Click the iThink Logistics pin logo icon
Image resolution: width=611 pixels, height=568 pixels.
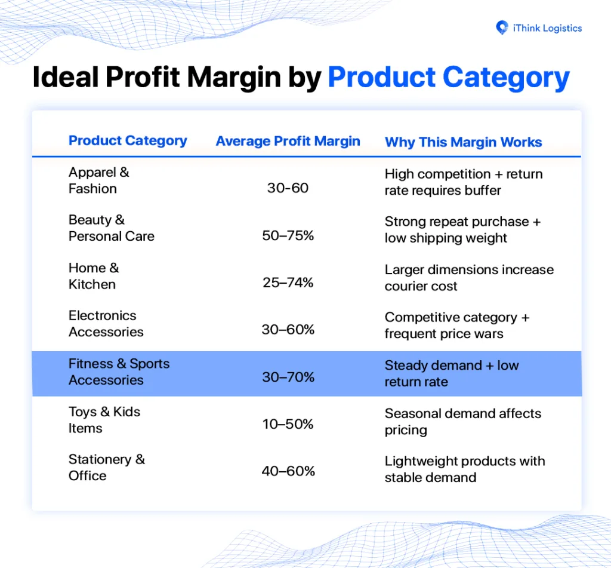tap(502, 27)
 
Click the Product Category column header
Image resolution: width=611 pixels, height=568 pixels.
tap(128, 141)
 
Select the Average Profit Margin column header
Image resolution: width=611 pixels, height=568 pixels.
tap(288, 141)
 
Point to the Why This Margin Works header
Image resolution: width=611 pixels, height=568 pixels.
tap(463, 142)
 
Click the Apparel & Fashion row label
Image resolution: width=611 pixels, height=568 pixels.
tap(99, 180)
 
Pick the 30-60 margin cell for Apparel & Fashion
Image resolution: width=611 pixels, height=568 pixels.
tap(288, 188)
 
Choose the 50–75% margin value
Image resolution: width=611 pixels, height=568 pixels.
tap(288, 236)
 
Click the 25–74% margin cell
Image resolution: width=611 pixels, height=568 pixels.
tap(288, 283)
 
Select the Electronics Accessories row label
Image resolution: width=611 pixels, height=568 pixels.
tap(106, 323)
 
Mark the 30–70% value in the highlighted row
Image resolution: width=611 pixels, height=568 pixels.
tap(288, 377)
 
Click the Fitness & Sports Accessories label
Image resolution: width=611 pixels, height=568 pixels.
tap(119, 371)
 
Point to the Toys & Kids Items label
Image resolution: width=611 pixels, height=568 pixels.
tap(104, 420)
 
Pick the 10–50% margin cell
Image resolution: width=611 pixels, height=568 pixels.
tap(288, 424)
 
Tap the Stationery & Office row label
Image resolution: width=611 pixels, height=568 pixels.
tap(107, 467)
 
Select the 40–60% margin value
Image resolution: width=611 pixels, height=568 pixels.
tap(288, 471)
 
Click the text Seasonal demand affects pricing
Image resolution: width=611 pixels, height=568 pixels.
tap(463, 422)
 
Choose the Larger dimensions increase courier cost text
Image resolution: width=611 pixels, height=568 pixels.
tap(469, 278)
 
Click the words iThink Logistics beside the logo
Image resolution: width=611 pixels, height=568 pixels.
tap(548, 28)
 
